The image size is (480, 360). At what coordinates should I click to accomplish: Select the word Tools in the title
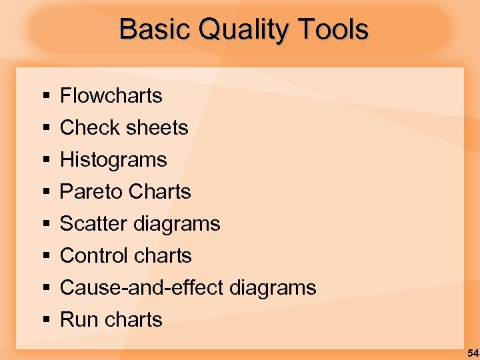point(333,29)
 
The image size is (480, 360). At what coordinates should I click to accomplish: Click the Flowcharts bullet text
point(111,96)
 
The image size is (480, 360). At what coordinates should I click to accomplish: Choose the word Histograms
point(113,160)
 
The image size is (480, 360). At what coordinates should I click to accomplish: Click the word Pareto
point(91,192)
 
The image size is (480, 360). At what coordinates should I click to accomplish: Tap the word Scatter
point(93,224)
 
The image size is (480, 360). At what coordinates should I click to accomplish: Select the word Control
point(94,256)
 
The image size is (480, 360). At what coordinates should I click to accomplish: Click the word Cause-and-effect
point(141,288)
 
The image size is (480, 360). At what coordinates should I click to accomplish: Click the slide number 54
point(472,353)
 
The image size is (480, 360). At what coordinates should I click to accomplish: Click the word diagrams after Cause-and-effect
point(272,288)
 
